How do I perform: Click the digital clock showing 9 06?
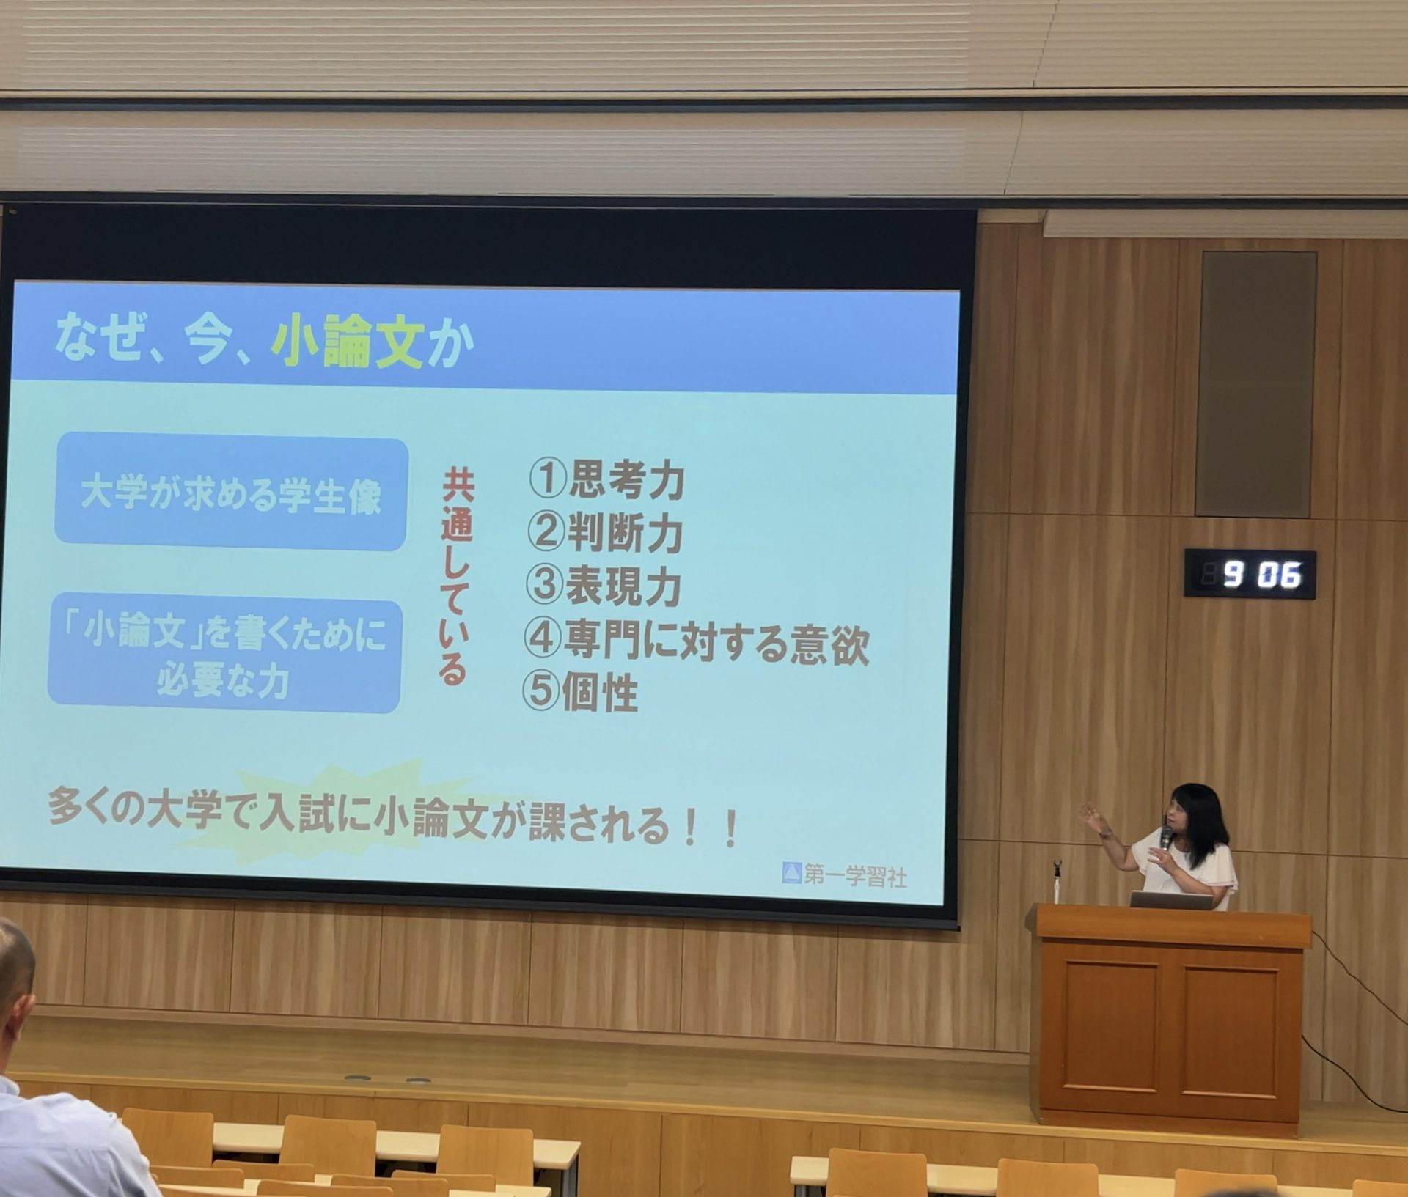click(x=1250, y=574)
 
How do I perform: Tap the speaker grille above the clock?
click(x=1255, y=384)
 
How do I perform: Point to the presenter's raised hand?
click(x=1093, y=818)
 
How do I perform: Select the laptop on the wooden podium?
click(x=1172, y=900)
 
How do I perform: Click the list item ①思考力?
click(x=606, y=480)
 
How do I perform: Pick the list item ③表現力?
click(x=604, y=586)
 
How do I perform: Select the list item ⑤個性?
click(x=579, y=691)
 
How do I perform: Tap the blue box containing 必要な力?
click(x=224, y=653)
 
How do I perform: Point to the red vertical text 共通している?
click(x=457, y=578)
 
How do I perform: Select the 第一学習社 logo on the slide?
click(x=844, y=874)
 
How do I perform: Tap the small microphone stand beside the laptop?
click(x=1057, y=881)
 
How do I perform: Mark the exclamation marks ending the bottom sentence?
click(x=709, y=827)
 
